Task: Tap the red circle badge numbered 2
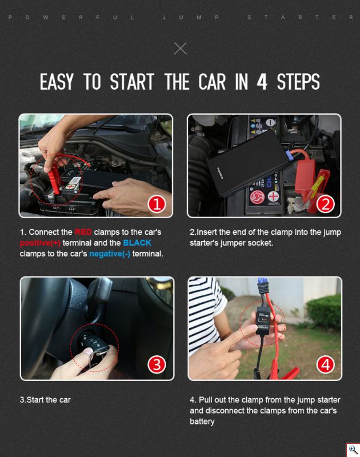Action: pos(325,203)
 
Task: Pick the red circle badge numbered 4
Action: pos(325,364)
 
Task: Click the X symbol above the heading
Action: pos(180,49)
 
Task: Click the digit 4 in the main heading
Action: pos(262,82)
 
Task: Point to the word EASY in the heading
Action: pos(57,82)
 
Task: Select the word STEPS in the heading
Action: pos(298,82)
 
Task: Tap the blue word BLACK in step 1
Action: pos(137,243)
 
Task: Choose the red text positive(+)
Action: pos(35,243)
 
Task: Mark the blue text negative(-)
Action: pos(110,254)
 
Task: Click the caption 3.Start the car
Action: pos(45,400)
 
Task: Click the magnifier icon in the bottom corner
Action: pos(353,450)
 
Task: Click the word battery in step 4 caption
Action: pos(202,422)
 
